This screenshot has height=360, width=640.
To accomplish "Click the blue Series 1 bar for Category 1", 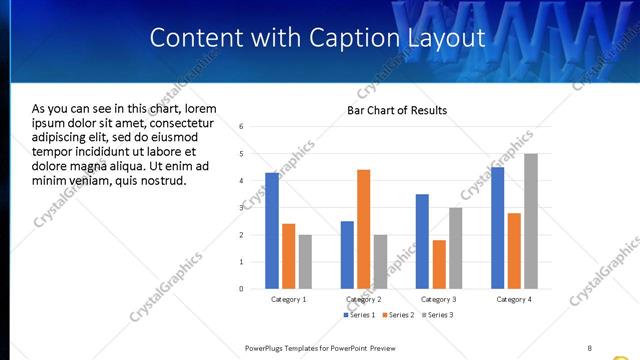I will (x=272, y=231).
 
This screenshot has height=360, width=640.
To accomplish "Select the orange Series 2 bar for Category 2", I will (x=363, y=229).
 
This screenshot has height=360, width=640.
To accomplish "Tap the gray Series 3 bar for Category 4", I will (x=530, y=221).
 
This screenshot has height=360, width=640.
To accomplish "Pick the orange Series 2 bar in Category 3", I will (x=439, y=264).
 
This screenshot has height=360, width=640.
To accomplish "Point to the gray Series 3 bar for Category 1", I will (x=305, y=262).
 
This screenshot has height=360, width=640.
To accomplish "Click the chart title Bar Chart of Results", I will (x=397, y=110).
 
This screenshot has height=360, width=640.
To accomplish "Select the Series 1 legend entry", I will (x=361, y=315).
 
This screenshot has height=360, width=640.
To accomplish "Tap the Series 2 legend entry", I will (x=397, y=315).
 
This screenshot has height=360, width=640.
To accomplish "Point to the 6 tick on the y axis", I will (x=241, y=127).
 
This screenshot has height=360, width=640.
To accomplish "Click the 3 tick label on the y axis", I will (x=241, y=208).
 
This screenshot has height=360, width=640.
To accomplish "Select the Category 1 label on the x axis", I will (x=289, y=299).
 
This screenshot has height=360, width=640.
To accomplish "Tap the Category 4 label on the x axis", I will (x=513, y=299).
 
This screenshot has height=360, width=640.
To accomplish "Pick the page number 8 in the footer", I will (x=590, y=347).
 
